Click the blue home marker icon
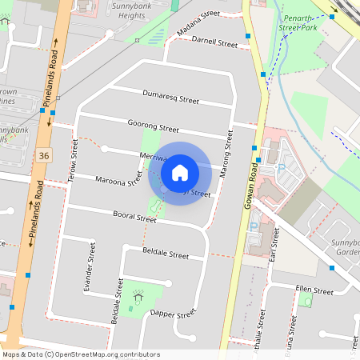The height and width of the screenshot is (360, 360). tap(180, 172)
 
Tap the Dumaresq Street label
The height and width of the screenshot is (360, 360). tap(170, 98)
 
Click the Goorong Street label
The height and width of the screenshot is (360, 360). tap(153, 126)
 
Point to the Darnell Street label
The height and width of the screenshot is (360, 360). tap(214, 42)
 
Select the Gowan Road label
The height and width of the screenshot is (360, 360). tap(251, 185)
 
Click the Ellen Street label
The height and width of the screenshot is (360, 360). tap(314, 290)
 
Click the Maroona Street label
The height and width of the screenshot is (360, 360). tap(119, 182)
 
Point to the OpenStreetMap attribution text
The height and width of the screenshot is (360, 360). tap(80, 354)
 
